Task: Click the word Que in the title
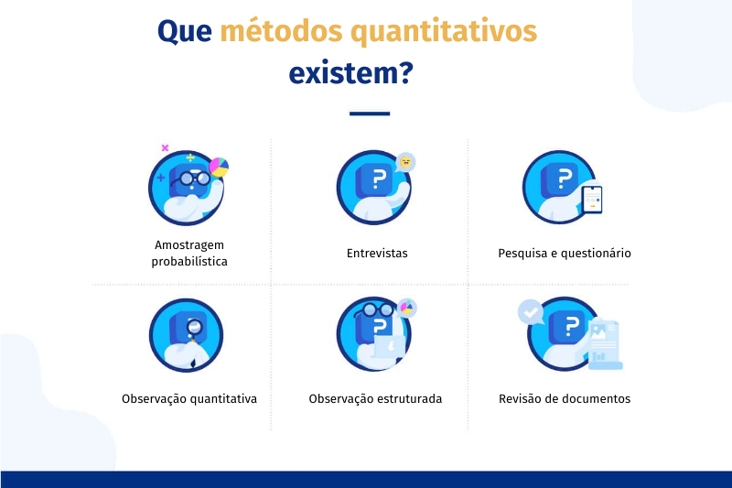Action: click(x=185, y=32)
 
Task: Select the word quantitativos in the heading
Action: click(x=444, y=32)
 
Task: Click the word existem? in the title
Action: click(x=351, y=73)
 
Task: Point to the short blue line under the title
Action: click(x=370, y=114)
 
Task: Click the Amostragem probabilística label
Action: click(x=189, y=253)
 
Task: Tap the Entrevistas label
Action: click(x=377, y=253)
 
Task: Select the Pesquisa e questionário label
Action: click(x=565, y=253)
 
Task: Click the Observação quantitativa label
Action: click(x=189, y=399)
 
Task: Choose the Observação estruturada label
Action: click(x=375, y=399)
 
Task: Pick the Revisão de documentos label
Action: click(x=565, y=399)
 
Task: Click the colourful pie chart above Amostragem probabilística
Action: click(x=219, y=168)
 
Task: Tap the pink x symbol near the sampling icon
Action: click(x=165, y=147)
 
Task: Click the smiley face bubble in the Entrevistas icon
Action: click(x=405, y=162)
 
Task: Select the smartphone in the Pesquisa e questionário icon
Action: click(x=592, y=200)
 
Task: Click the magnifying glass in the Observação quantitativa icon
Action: click(x=194, y=327)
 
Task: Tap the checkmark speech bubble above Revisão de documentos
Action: click(x=531, y=312)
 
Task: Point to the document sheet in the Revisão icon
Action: click(x=605, y=344)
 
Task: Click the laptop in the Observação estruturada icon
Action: click(x=389, y=348)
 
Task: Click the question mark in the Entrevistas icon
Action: click(x=380, y=179)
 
